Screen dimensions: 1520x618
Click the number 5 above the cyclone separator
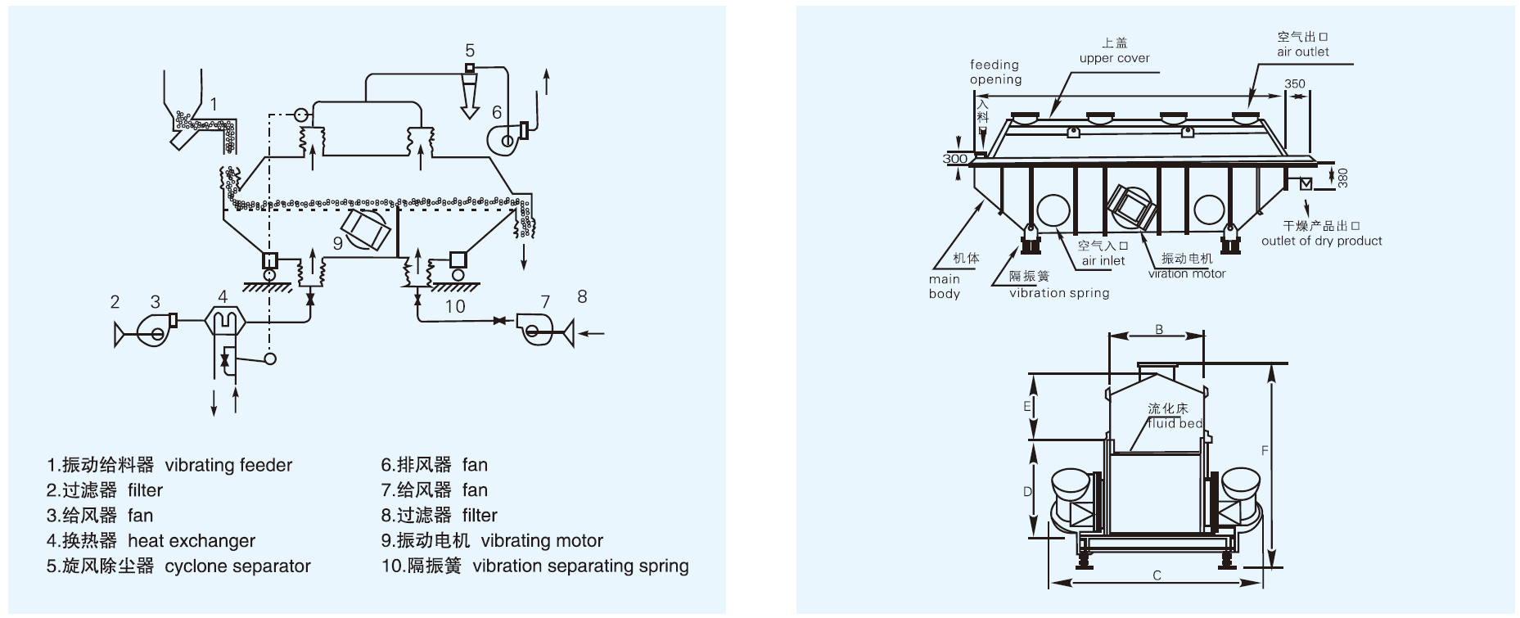coord(470,51)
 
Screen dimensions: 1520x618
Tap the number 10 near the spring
coord(455,307)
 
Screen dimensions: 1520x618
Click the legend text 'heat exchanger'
coord(192,541)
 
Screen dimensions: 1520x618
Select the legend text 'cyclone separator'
coord(237,566)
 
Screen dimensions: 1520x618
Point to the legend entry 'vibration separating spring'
coord(581,566)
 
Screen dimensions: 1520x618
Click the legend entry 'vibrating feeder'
coord(228,466)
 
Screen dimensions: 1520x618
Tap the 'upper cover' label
coord(1114,58)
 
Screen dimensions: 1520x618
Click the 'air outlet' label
coord(1303,52)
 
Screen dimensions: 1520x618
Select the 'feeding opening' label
coord(995,72)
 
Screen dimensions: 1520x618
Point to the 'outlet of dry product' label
coord(1321,241)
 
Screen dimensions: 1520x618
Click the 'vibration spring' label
coord(1059,293)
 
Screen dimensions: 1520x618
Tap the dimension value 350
coord(1295,83)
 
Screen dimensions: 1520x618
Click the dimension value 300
coord(955,159)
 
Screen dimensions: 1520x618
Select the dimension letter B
coord(1159,330)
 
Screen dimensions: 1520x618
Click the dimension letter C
coord(1157,575)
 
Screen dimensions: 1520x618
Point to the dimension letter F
coord(1265,450)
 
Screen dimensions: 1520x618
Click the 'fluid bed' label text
coord(1175,423)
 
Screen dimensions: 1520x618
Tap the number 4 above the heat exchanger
coord(223,295)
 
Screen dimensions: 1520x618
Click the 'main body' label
coord(944,286)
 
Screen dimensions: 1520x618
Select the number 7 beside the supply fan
coord(545,302)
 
